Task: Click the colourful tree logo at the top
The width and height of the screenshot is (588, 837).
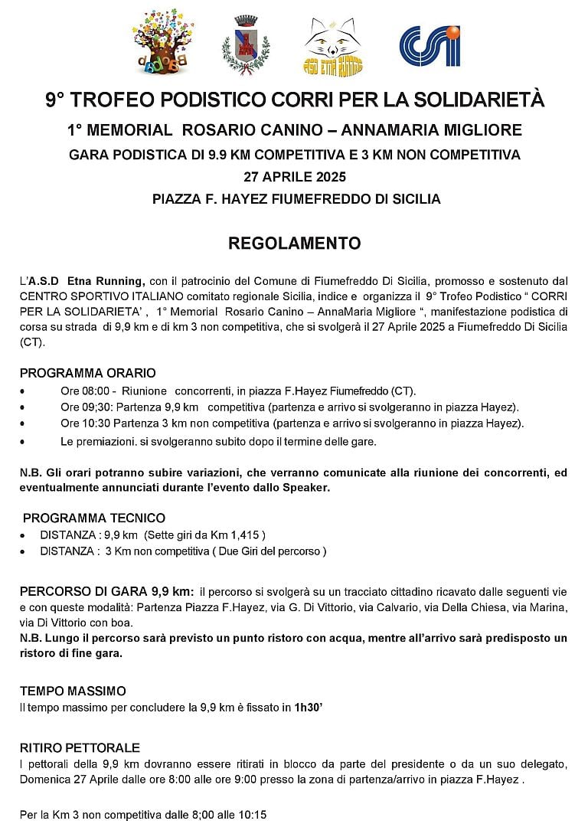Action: [162, 43]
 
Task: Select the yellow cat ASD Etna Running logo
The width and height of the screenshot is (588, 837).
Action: [333, 46]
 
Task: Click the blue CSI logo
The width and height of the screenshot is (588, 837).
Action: [430, 46]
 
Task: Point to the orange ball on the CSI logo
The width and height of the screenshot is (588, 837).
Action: [453, 32]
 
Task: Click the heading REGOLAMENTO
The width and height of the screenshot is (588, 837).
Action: [294, 244]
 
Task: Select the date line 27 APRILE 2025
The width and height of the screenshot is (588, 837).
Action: [295, 177]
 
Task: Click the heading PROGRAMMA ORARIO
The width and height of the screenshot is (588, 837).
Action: [88, 373]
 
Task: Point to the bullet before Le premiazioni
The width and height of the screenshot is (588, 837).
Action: [23, 442]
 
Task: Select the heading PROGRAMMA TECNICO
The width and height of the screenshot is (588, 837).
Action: [94, 518]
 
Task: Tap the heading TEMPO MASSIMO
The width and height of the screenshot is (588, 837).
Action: [73, 691]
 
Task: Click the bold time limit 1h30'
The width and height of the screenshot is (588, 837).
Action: [311, 708]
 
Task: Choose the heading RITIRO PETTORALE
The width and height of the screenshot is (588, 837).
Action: [80, 747]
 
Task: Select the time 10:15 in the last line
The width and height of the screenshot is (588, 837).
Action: [251, 815]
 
